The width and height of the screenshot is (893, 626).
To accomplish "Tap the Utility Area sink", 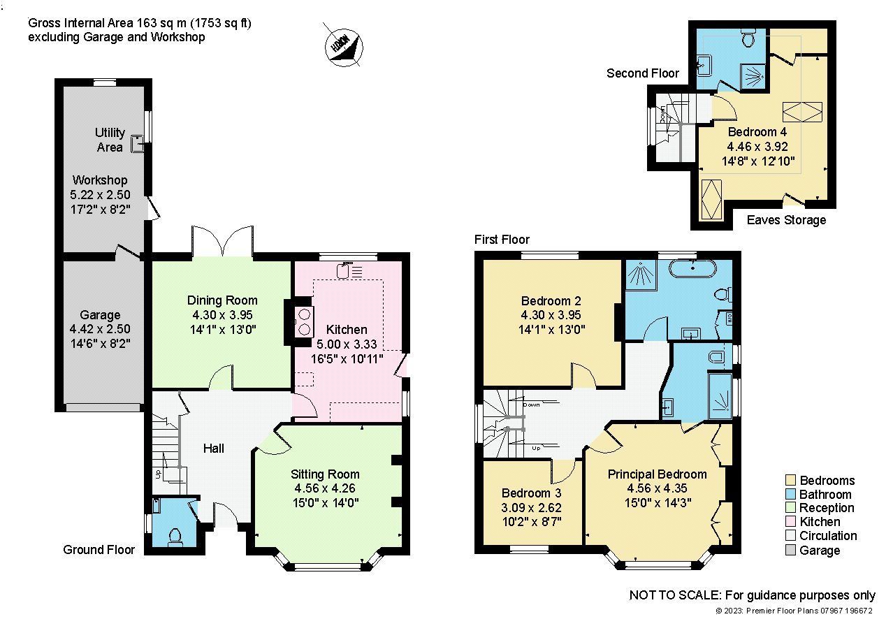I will tap(137, 145).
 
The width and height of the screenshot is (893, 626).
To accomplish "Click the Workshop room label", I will tap(99, 180).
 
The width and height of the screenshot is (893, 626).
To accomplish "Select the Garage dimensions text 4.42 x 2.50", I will tap(100, 328).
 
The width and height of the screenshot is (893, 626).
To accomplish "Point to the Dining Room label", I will tap(222, 300).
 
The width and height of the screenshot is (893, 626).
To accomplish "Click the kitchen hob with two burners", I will tap(305, 322).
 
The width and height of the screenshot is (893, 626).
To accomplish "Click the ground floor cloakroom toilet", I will tap(175, 534).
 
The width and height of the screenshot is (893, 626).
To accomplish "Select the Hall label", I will tap(213, 448).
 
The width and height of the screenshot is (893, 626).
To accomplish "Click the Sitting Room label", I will tap(325, 474).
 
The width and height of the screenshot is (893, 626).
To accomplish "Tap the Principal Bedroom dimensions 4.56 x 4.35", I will tap(656, 488).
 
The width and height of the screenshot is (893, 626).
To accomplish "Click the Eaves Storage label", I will tap(786, 220).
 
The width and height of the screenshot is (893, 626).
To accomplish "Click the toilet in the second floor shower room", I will tap(748, 39).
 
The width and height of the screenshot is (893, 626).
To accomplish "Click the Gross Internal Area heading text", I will tap(139, 23).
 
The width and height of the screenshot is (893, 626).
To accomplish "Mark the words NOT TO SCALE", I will tap(674, 595).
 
